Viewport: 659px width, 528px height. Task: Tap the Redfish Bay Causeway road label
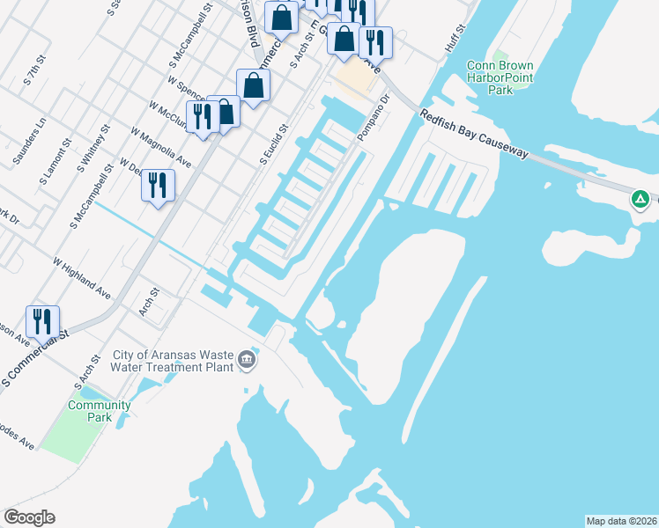[473, 134]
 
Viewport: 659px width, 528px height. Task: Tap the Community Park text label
[100, 411]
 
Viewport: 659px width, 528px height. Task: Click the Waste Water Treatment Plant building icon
[247, 361]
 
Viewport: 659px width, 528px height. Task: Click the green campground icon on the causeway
[640, 200]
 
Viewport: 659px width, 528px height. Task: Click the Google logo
[29, 517]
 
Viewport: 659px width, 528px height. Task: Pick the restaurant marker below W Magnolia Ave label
[158, 185]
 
